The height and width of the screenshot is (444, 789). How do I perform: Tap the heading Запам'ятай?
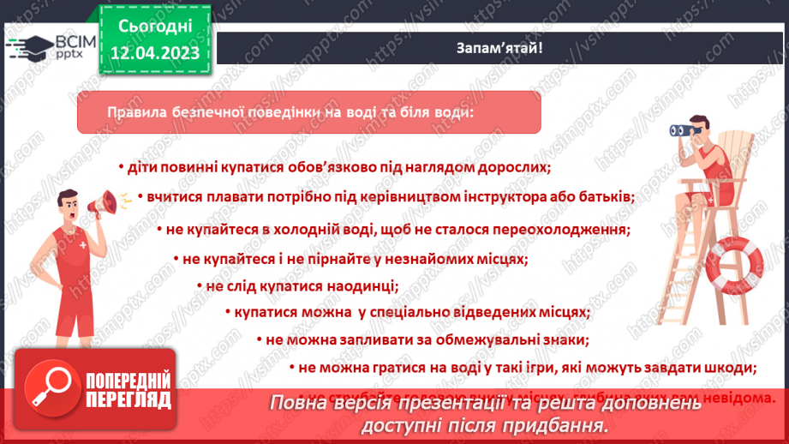tap(499, 48)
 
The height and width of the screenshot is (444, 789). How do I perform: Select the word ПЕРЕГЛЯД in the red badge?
tap(129, 400)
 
